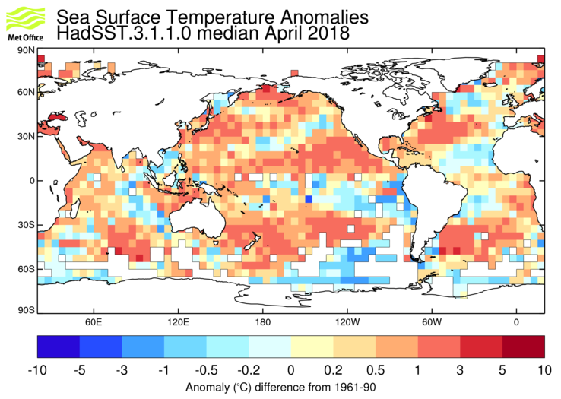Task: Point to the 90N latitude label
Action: click(x=25, y=50)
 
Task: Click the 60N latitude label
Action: click(x=25, y=93)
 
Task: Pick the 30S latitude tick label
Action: click(x=25, y=225)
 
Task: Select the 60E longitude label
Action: click(x=93, y=321)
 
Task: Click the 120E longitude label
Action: click(x=178, y=321)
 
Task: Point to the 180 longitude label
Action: click(x=263, y=321)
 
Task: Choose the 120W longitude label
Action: click(x=347, y=321)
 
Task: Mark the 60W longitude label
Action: click(x=432, y=321)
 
